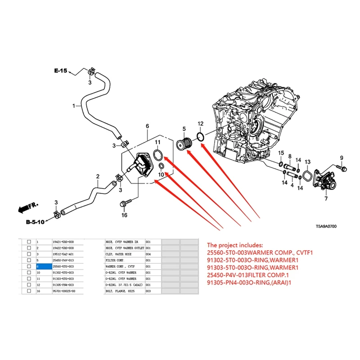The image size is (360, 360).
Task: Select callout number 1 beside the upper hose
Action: [74, 106]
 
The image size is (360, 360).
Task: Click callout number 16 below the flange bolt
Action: [125, 216]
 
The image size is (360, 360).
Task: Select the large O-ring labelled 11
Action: [157, 155]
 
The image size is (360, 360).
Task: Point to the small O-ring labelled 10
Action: [161, 168]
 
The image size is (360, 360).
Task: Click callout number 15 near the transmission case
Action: [280, 153]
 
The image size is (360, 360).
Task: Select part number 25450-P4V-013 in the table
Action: [64, 260]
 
